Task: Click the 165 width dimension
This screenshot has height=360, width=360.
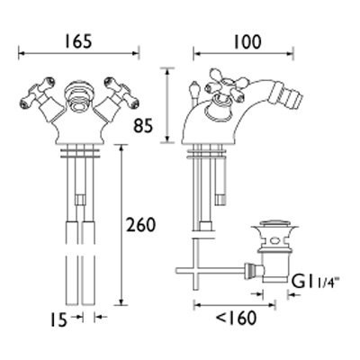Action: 76,39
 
